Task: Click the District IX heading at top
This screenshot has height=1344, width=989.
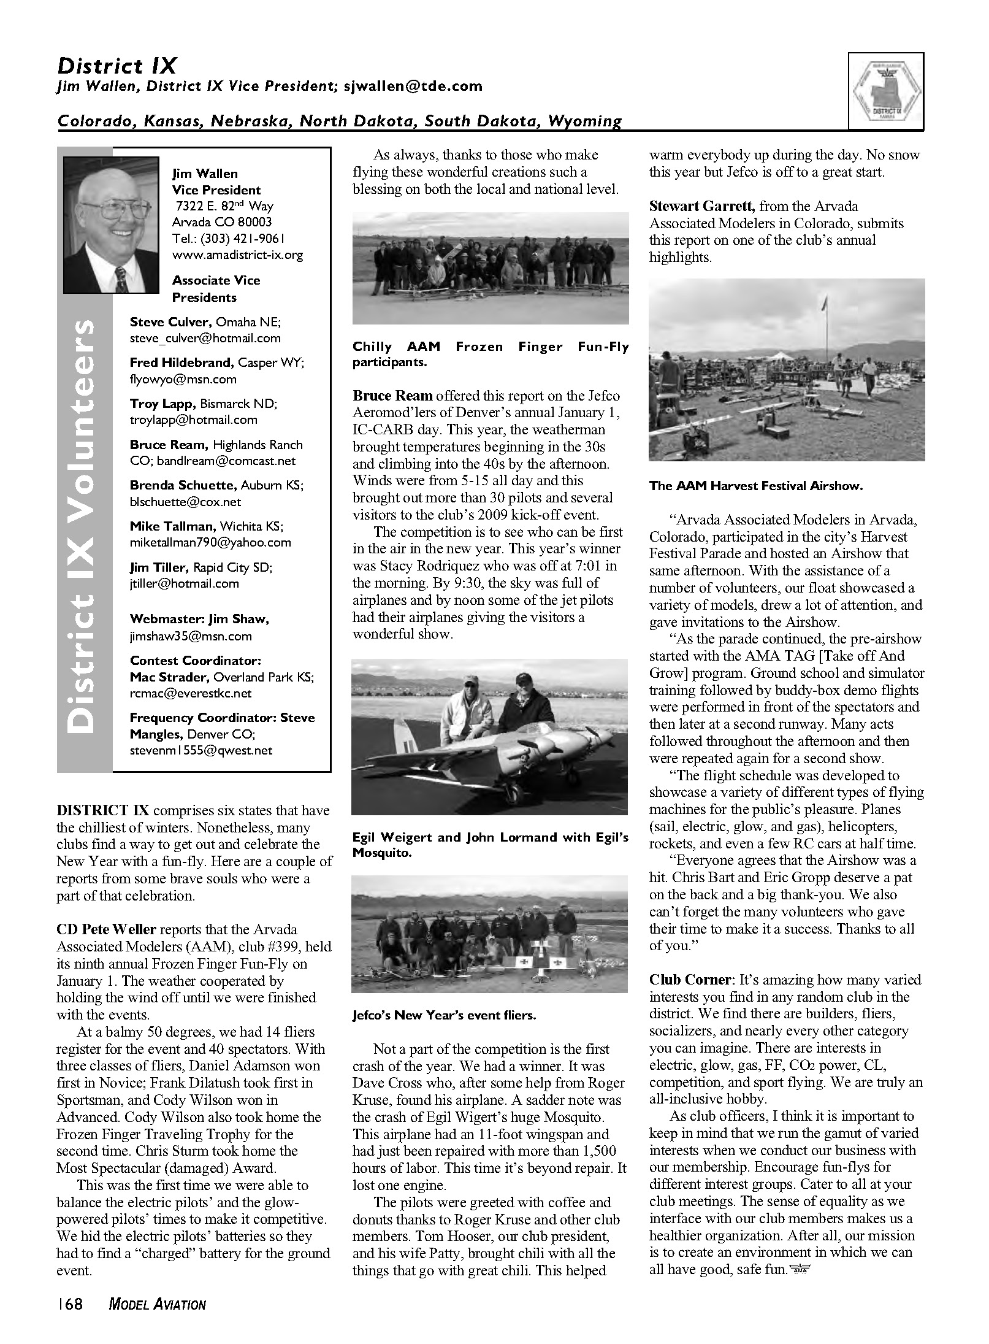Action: tap(117, 66)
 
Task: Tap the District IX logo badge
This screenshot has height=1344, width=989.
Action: tap(886, 91)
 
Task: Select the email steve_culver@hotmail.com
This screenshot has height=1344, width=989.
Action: tap(205, 338)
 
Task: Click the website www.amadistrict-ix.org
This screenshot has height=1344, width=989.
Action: tap(237, 255)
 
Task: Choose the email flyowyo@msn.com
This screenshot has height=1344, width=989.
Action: tap(183, 379)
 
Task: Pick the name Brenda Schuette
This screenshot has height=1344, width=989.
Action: tap(182, 485)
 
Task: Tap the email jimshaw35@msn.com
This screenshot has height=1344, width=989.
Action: tap(191, 636)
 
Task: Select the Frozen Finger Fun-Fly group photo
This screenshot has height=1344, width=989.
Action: tap(491, 268)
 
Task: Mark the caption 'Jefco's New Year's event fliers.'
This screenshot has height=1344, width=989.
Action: tap(444, 1015)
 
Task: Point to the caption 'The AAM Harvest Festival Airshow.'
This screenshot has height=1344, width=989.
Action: tap(756, 486)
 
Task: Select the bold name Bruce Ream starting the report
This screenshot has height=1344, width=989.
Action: tap(392, 396)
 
